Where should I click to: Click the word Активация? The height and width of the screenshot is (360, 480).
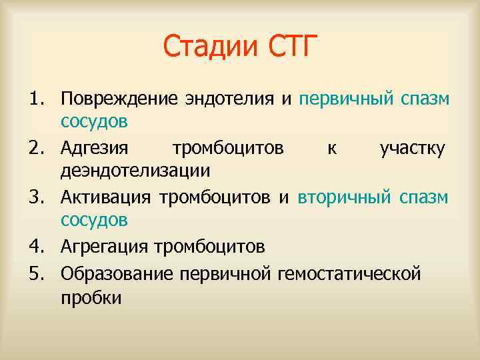(x=106, y=197)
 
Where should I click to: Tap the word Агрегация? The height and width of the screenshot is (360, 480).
(x=105, y=247)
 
